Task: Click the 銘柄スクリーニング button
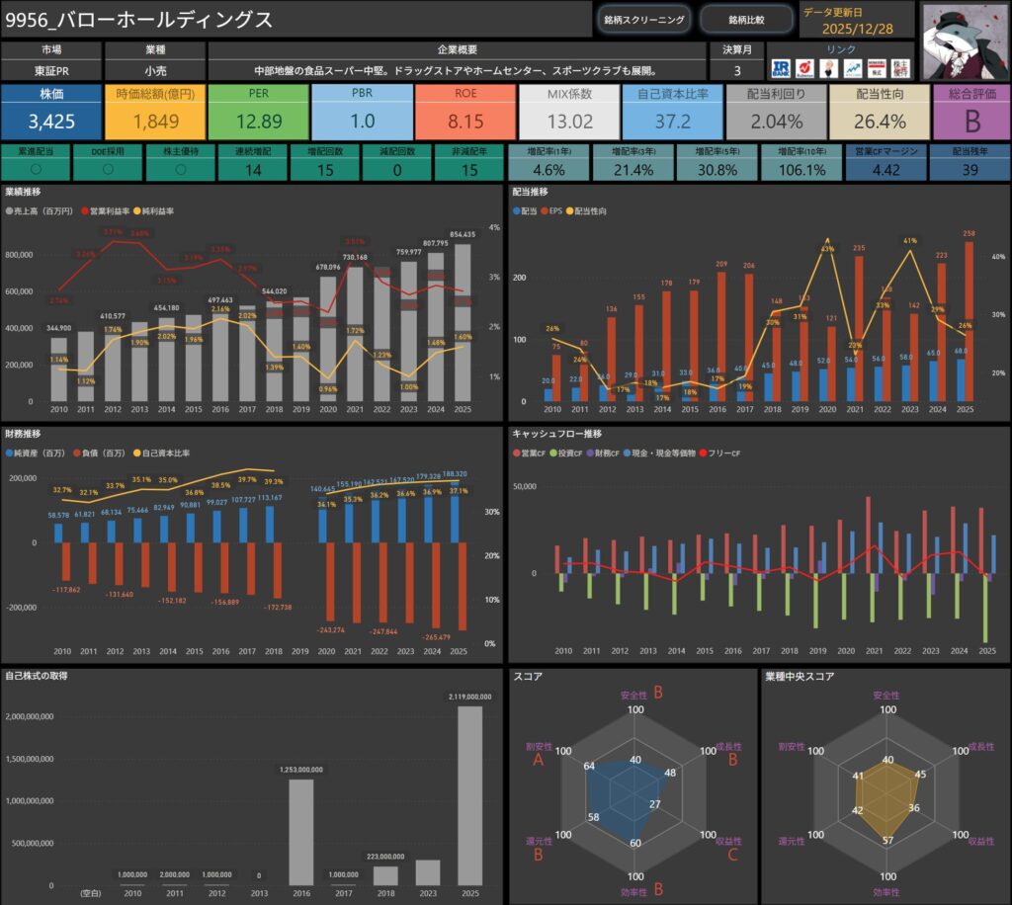(x=644, y=19)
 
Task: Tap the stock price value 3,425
(x=51, y=122)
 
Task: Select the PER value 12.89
(x=259, y=122)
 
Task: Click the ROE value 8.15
(x=465, y=122)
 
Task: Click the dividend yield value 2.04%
(x=776, y=122)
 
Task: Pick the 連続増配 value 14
(x=254, y=169)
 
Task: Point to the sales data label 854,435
(x=463, y=234)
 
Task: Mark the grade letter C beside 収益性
(x=732, y=854)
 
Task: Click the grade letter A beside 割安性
(x=539, y=761)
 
